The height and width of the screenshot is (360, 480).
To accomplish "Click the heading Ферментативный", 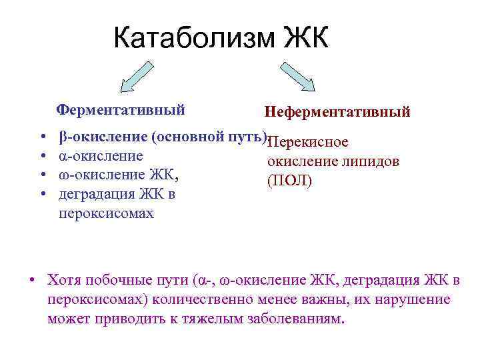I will pos(120,109).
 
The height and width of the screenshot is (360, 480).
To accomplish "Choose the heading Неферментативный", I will pos(337,112).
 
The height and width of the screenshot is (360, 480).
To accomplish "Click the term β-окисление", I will pos(103,137).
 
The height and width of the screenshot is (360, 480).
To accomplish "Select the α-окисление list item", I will pos(101,157).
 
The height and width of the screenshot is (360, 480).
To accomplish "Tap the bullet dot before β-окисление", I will pos(43,138).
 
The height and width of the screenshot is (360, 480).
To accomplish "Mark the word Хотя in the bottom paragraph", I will pos(65,280).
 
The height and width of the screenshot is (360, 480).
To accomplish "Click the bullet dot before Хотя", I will pos(32,280).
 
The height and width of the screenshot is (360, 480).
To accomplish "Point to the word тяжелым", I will pos(211,319).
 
